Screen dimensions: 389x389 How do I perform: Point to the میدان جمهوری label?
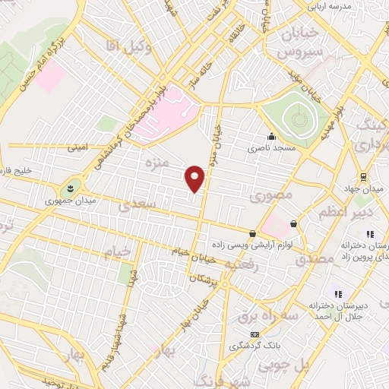coord(68,201)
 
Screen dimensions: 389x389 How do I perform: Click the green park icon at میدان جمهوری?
coord(70,187)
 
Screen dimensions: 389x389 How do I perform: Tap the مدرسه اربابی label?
coord(328,7)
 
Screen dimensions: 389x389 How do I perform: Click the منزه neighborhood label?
coord(155,163)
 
